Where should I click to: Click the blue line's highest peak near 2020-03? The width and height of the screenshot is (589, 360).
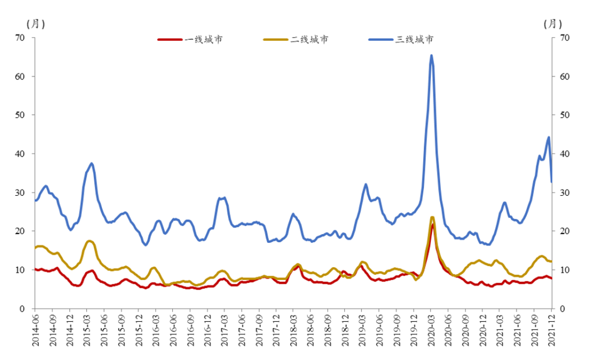coord(431,55)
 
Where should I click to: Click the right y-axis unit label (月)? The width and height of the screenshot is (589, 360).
coord(553,23)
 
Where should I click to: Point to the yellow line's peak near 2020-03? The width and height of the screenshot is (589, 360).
coord(432,217)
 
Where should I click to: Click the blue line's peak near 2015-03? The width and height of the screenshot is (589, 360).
coord(92,163)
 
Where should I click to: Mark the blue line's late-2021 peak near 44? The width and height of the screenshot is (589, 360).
coord(549,137)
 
